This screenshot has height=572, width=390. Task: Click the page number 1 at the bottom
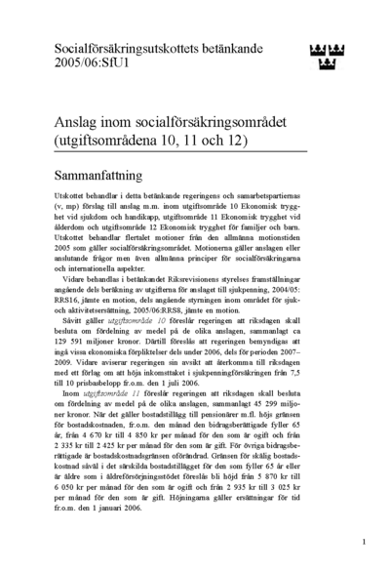click(363, 540)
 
